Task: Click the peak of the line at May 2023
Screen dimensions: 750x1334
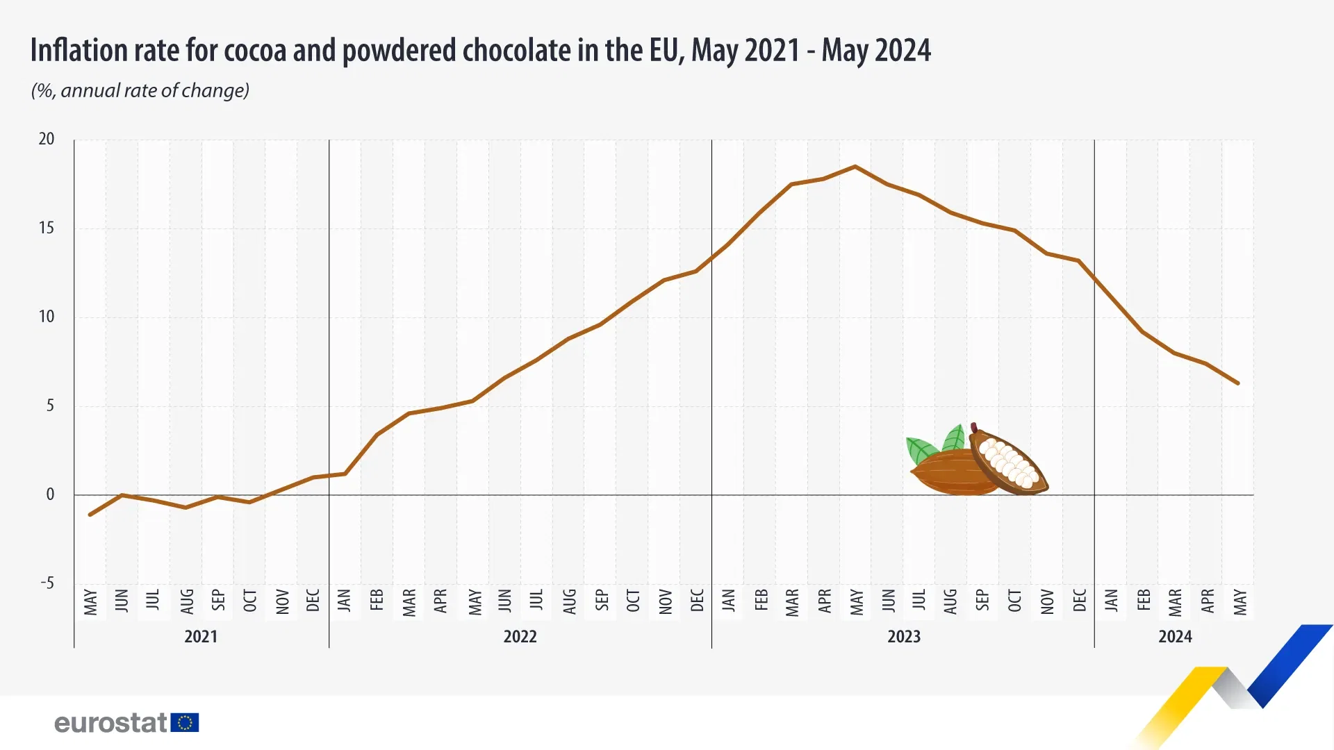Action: pyautogui.click(x=855, y=167)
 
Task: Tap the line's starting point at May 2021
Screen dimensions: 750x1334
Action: pyautogui.click(x=90, y=515)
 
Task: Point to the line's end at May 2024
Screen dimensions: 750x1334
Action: pyautogui.click(x=1238, y=383)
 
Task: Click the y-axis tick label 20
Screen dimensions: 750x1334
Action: pyautogui.click(x=47, y=139)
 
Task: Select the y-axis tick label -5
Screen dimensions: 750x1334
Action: pyautogui.click(x=47, y=583)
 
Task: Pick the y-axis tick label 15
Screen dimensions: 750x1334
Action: pyautogui.click(x=47, y=228)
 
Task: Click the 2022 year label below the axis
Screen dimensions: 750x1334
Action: pyautogui.click(x=520, y=636)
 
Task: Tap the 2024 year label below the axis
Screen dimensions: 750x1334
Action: pyautogui.click(x=1175, y=636)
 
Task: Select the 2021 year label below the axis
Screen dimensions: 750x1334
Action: pyautogui.click(x=201, y=636)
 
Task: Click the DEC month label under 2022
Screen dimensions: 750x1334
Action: pyautogui.click(x=697, y=601)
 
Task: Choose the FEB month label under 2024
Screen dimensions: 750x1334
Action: pyautogui.click(x=1144, y=601)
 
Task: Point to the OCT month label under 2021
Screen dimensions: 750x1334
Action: pyautogui.click(x=250, y=601)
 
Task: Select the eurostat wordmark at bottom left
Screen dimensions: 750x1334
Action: pyautogui.click(x=111, y=723)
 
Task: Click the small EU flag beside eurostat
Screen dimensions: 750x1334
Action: pyautogui.click(x=185, y=723)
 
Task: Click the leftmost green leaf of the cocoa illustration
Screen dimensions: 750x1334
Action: pyautogui.click(x=921, y=450)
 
